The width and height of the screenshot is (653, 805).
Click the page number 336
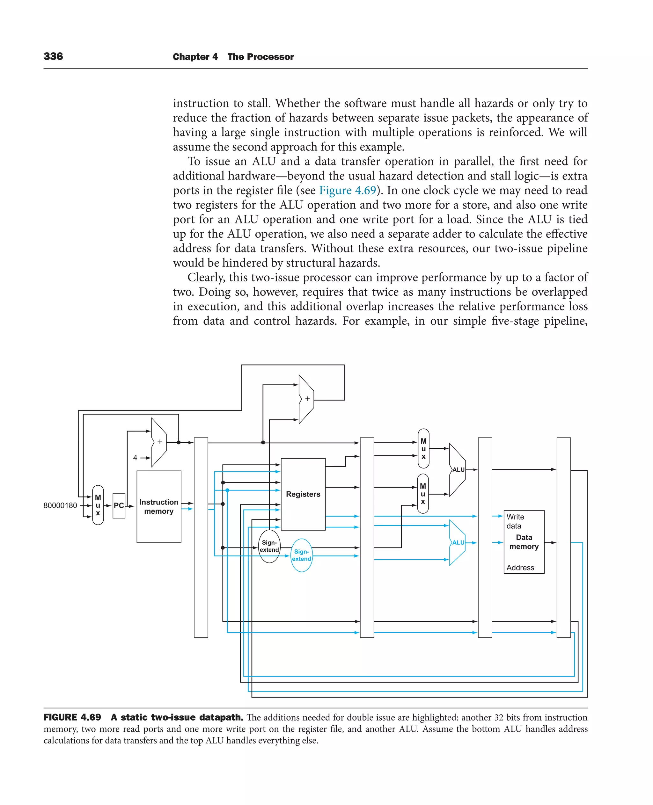point(53,56)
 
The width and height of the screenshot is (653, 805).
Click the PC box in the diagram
point(119,506)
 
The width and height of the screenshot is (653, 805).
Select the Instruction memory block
point(159,506)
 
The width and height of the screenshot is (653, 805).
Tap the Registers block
point(303,494)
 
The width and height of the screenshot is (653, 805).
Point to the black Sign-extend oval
point(269,546)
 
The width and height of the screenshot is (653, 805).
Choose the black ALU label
point(458,470)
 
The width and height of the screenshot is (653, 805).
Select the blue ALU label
point(458,542)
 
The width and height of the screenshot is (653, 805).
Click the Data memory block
point(524,542)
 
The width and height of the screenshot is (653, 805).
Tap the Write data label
point(515,521)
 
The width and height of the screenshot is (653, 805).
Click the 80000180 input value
point(60,505)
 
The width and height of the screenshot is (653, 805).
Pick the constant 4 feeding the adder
point(135,458)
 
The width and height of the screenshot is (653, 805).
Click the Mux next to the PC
point(98,505)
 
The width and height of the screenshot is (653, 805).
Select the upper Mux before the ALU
point(423,449)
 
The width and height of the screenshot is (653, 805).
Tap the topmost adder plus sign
point(307,399)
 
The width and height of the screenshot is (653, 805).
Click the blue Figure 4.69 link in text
point(347,190)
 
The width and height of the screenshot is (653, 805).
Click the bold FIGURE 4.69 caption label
point(72,717)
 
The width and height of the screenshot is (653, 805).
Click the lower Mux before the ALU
point(423,494)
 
